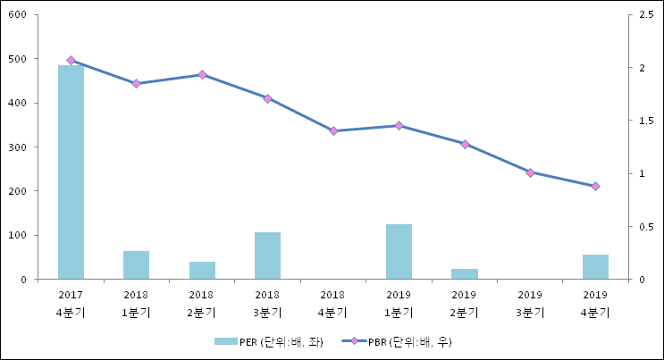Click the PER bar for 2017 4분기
click(71, 172)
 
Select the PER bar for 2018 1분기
click(136, 265)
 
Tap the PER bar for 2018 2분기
click(202, 271)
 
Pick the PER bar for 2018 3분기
click(267, 255)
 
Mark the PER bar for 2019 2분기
click(464, 274)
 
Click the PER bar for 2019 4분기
click(595, 267)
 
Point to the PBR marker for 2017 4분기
click(71, 60)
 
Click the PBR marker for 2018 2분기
click(202, 75)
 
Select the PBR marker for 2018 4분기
click(333, 130)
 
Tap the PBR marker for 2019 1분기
click(399, 126)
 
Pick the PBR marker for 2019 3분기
click(530, 172)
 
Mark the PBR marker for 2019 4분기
click(595, 187)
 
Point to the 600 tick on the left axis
click(18, 15)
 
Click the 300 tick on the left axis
click(18, 147)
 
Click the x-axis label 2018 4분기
click(332, 304)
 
